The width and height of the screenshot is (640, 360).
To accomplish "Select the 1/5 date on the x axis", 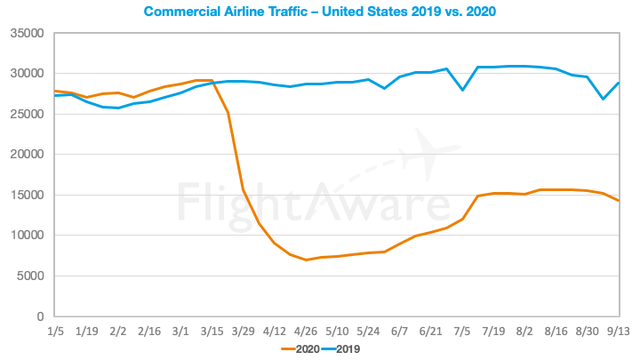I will pyautogui.click(x=55, y=331).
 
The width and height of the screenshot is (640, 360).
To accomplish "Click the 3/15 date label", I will pyautogui.click(x=211, y=331).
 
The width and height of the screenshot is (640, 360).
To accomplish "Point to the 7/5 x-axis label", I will pyautogui.click(x=462, y=331).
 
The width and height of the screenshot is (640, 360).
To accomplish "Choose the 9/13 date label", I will pyautogui.click(x=619, y=331).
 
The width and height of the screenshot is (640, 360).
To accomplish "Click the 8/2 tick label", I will pyautogui.click(x=524, y=331).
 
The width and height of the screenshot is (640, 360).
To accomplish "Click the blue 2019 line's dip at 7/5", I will pyautogui.click(x=462, y=90).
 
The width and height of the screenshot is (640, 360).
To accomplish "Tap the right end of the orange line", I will pyautogui.click(x=619, y=201).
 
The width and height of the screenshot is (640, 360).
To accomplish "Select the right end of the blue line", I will pyautogui.click(x=619, y=84).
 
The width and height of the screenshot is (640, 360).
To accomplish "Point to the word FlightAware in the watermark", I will pyautogui.click(x=311, y=202).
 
